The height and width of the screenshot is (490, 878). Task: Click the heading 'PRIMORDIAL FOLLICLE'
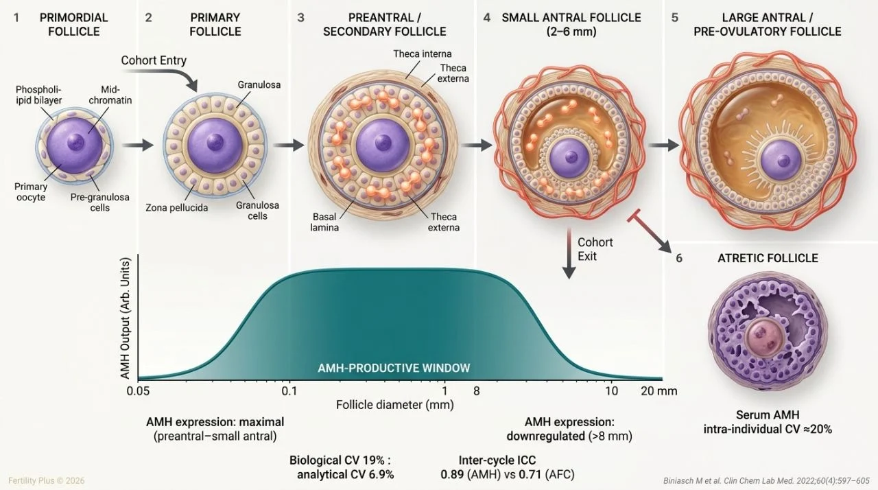[x=73, y=24]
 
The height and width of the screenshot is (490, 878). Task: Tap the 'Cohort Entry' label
[x=154, y=60]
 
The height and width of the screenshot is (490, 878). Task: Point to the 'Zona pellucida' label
[x=177, y=207]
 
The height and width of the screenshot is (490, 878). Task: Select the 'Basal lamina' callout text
[x=324, y=222]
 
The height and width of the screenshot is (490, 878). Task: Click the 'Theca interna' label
[x=423, y=54]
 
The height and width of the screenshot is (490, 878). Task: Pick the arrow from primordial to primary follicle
[x=138, y=145]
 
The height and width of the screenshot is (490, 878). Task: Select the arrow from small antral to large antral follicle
[x=663, y=145]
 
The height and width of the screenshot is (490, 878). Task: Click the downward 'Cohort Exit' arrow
[x=569, y=254]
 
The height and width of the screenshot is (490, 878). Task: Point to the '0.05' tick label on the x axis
[x=138, y=391]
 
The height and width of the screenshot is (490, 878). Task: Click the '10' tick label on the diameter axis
[x=611, y=390]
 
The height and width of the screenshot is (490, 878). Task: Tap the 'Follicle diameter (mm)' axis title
[x=394, y=404]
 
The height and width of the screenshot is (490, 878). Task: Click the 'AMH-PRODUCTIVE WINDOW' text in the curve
[x=394, y=368]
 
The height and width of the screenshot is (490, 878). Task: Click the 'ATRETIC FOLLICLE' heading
[x=768, y=258]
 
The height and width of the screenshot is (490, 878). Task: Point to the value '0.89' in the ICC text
[x=452, y=475]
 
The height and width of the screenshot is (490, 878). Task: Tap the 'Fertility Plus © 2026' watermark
[x=46, y=480]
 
